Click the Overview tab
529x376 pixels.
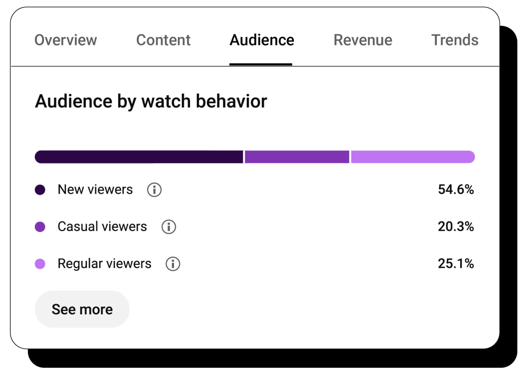pos(66,40)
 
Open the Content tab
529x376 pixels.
pos(163,40)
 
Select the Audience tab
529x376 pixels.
pos(262,40)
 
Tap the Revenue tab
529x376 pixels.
pos(363,40)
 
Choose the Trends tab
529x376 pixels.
pos(455,40)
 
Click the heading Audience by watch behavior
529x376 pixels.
pos(151,101)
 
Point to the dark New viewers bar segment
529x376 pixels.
pos(139,157)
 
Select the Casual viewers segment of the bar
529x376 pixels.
pos(297,157)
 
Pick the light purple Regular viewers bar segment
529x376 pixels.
pos(412,157)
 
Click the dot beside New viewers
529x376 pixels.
pos(40,190)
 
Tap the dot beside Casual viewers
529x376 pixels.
pos(40,227)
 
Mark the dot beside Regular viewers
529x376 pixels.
pos(40,264)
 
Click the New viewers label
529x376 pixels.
pos(95,189)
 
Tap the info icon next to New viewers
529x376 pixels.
pos(154,190)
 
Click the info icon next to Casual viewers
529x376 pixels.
pos(169,227)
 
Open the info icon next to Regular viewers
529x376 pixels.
pos(173,264)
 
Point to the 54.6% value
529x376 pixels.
pos(456,189)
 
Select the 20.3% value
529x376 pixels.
pos(456,227)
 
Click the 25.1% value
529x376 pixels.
pos(456,264)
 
